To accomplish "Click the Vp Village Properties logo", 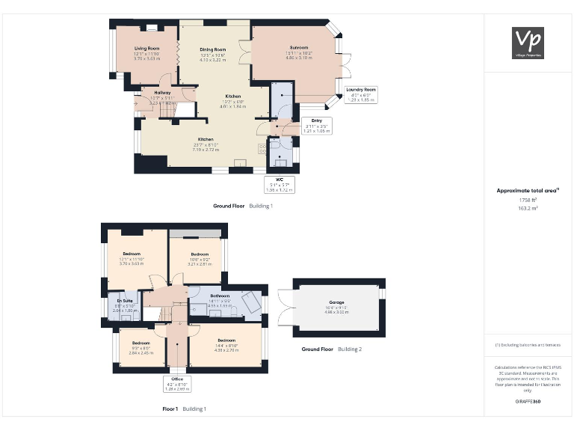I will click(x=528, y=43).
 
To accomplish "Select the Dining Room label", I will click(x=212, y=53).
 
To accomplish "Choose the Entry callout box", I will click(x=317, y=126).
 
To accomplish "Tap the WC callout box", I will click(x=280, y=183).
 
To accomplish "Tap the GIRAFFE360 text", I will click(x=528, y=402).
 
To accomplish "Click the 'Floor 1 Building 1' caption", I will click(x=184, y=409).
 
